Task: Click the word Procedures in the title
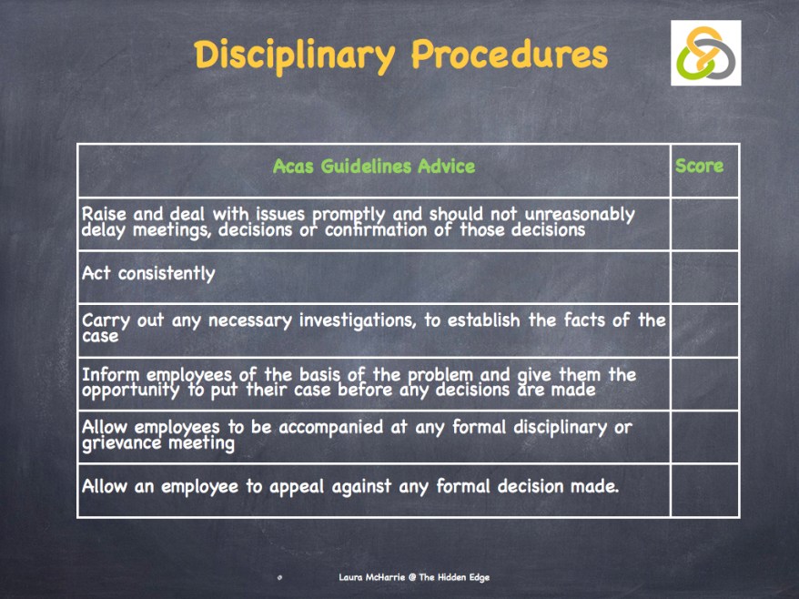pyautogui.click(x=509, y=56)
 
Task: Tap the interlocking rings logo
pyautogui.click(x=705, y=53)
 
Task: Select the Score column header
pyautogui.click(x=699, y=166)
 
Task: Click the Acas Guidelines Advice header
pyautogui.click(x=373, y=167)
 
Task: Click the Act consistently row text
pyautogui.click(x=148, y=273)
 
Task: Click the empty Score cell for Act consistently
pyautogui.click(x=704, y=277)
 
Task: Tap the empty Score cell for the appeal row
pyautogui.click(x=704, y=491)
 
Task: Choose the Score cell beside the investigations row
pyautogui.click(x=704, y=330)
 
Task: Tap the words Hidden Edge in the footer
pyautogui.click(x=461, y=577)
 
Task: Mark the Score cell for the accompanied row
pyautogui.click(x=704, y=437)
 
